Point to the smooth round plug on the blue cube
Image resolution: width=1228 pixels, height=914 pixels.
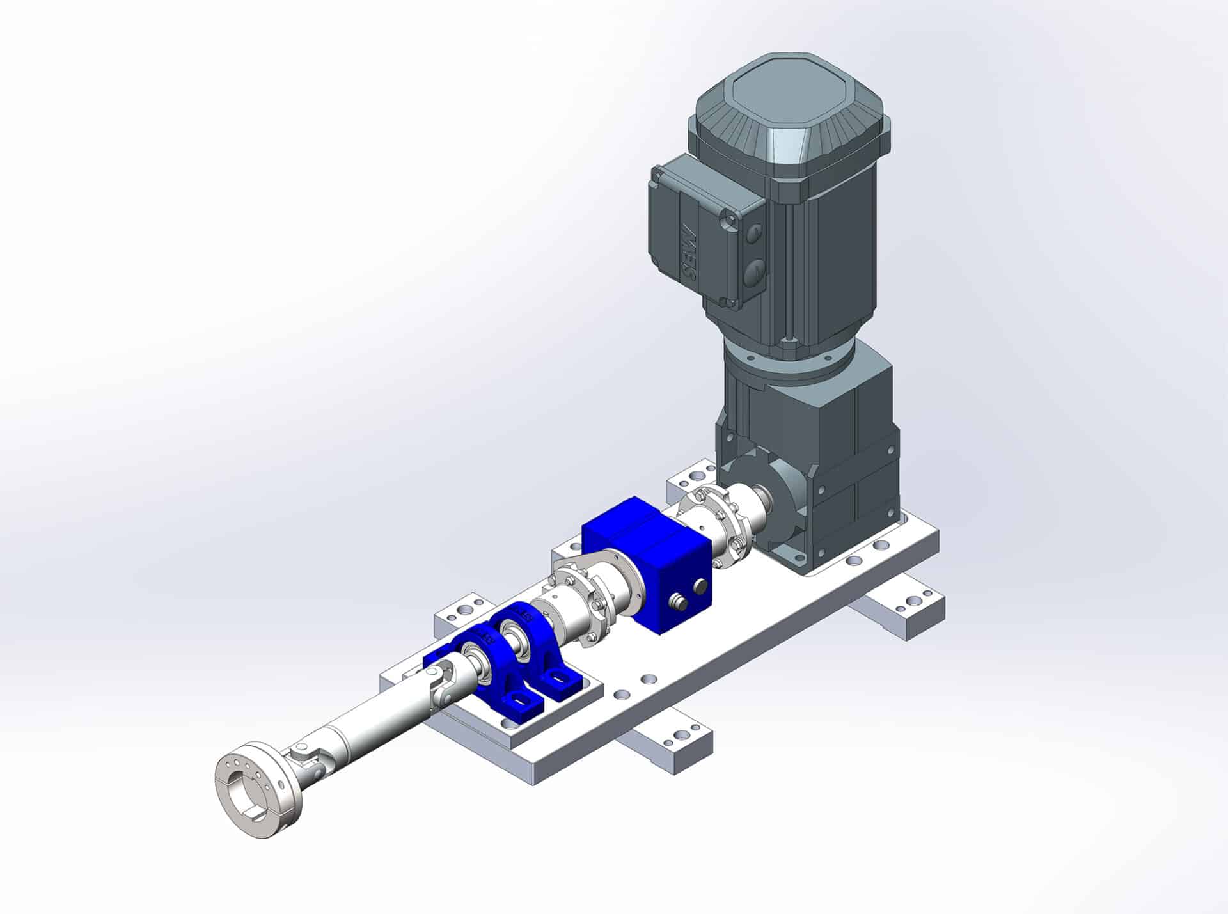pyautogui.click(x=702, y=586)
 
